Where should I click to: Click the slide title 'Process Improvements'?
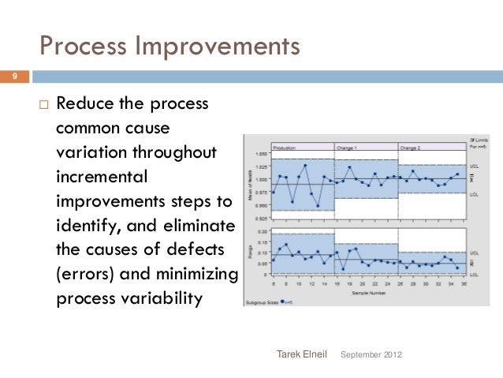point(170,45)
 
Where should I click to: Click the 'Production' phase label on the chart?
point(284,147)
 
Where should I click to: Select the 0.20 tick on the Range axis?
point(261,233)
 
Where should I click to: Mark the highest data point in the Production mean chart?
point(305,165)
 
